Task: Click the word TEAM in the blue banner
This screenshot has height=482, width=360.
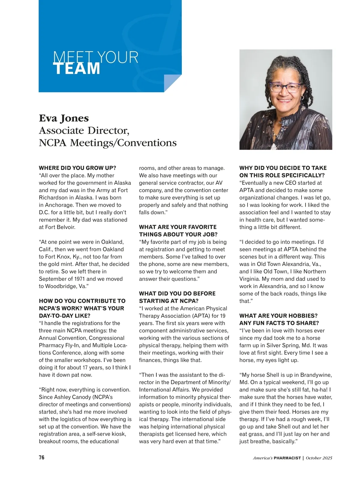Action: (77, 68)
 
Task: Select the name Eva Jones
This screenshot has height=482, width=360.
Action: (64, 118)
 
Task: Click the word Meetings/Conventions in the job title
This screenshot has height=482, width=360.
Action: (123, 143)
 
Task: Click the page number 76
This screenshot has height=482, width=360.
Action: (42, 457)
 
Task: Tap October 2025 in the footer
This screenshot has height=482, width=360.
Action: (319, 458)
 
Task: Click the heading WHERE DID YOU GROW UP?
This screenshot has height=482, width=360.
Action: (77, 168)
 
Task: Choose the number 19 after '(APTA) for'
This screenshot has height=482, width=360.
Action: (223, 316)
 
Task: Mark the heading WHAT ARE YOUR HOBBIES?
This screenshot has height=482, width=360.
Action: (278, 316)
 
